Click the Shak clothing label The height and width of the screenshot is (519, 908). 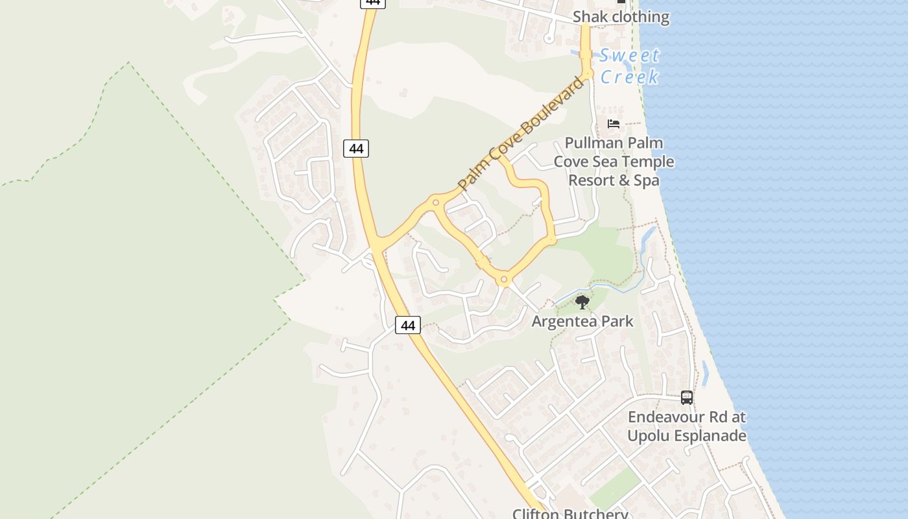click(621, 17)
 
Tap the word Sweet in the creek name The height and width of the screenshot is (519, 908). click(628, 56)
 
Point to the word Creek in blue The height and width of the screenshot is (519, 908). click(628, 77)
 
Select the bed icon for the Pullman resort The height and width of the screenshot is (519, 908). click(614, 123)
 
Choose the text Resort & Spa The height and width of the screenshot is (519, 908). click(614, 180)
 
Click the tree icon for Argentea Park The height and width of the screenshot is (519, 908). click(582, 302)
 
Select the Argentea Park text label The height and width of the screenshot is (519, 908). click(582, 321)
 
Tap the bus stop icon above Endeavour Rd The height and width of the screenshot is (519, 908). click(687, 398)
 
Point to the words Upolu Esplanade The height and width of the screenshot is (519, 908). click(686, 435)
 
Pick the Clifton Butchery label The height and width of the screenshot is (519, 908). click(570, 514)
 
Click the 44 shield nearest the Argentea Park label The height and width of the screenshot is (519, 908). click(407, 325)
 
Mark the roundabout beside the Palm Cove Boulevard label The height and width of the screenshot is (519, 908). click(436, 202)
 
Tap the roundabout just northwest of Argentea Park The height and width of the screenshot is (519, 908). click(504, 280)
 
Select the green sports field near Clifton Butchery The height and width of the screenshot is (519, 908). click(614, 487)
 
